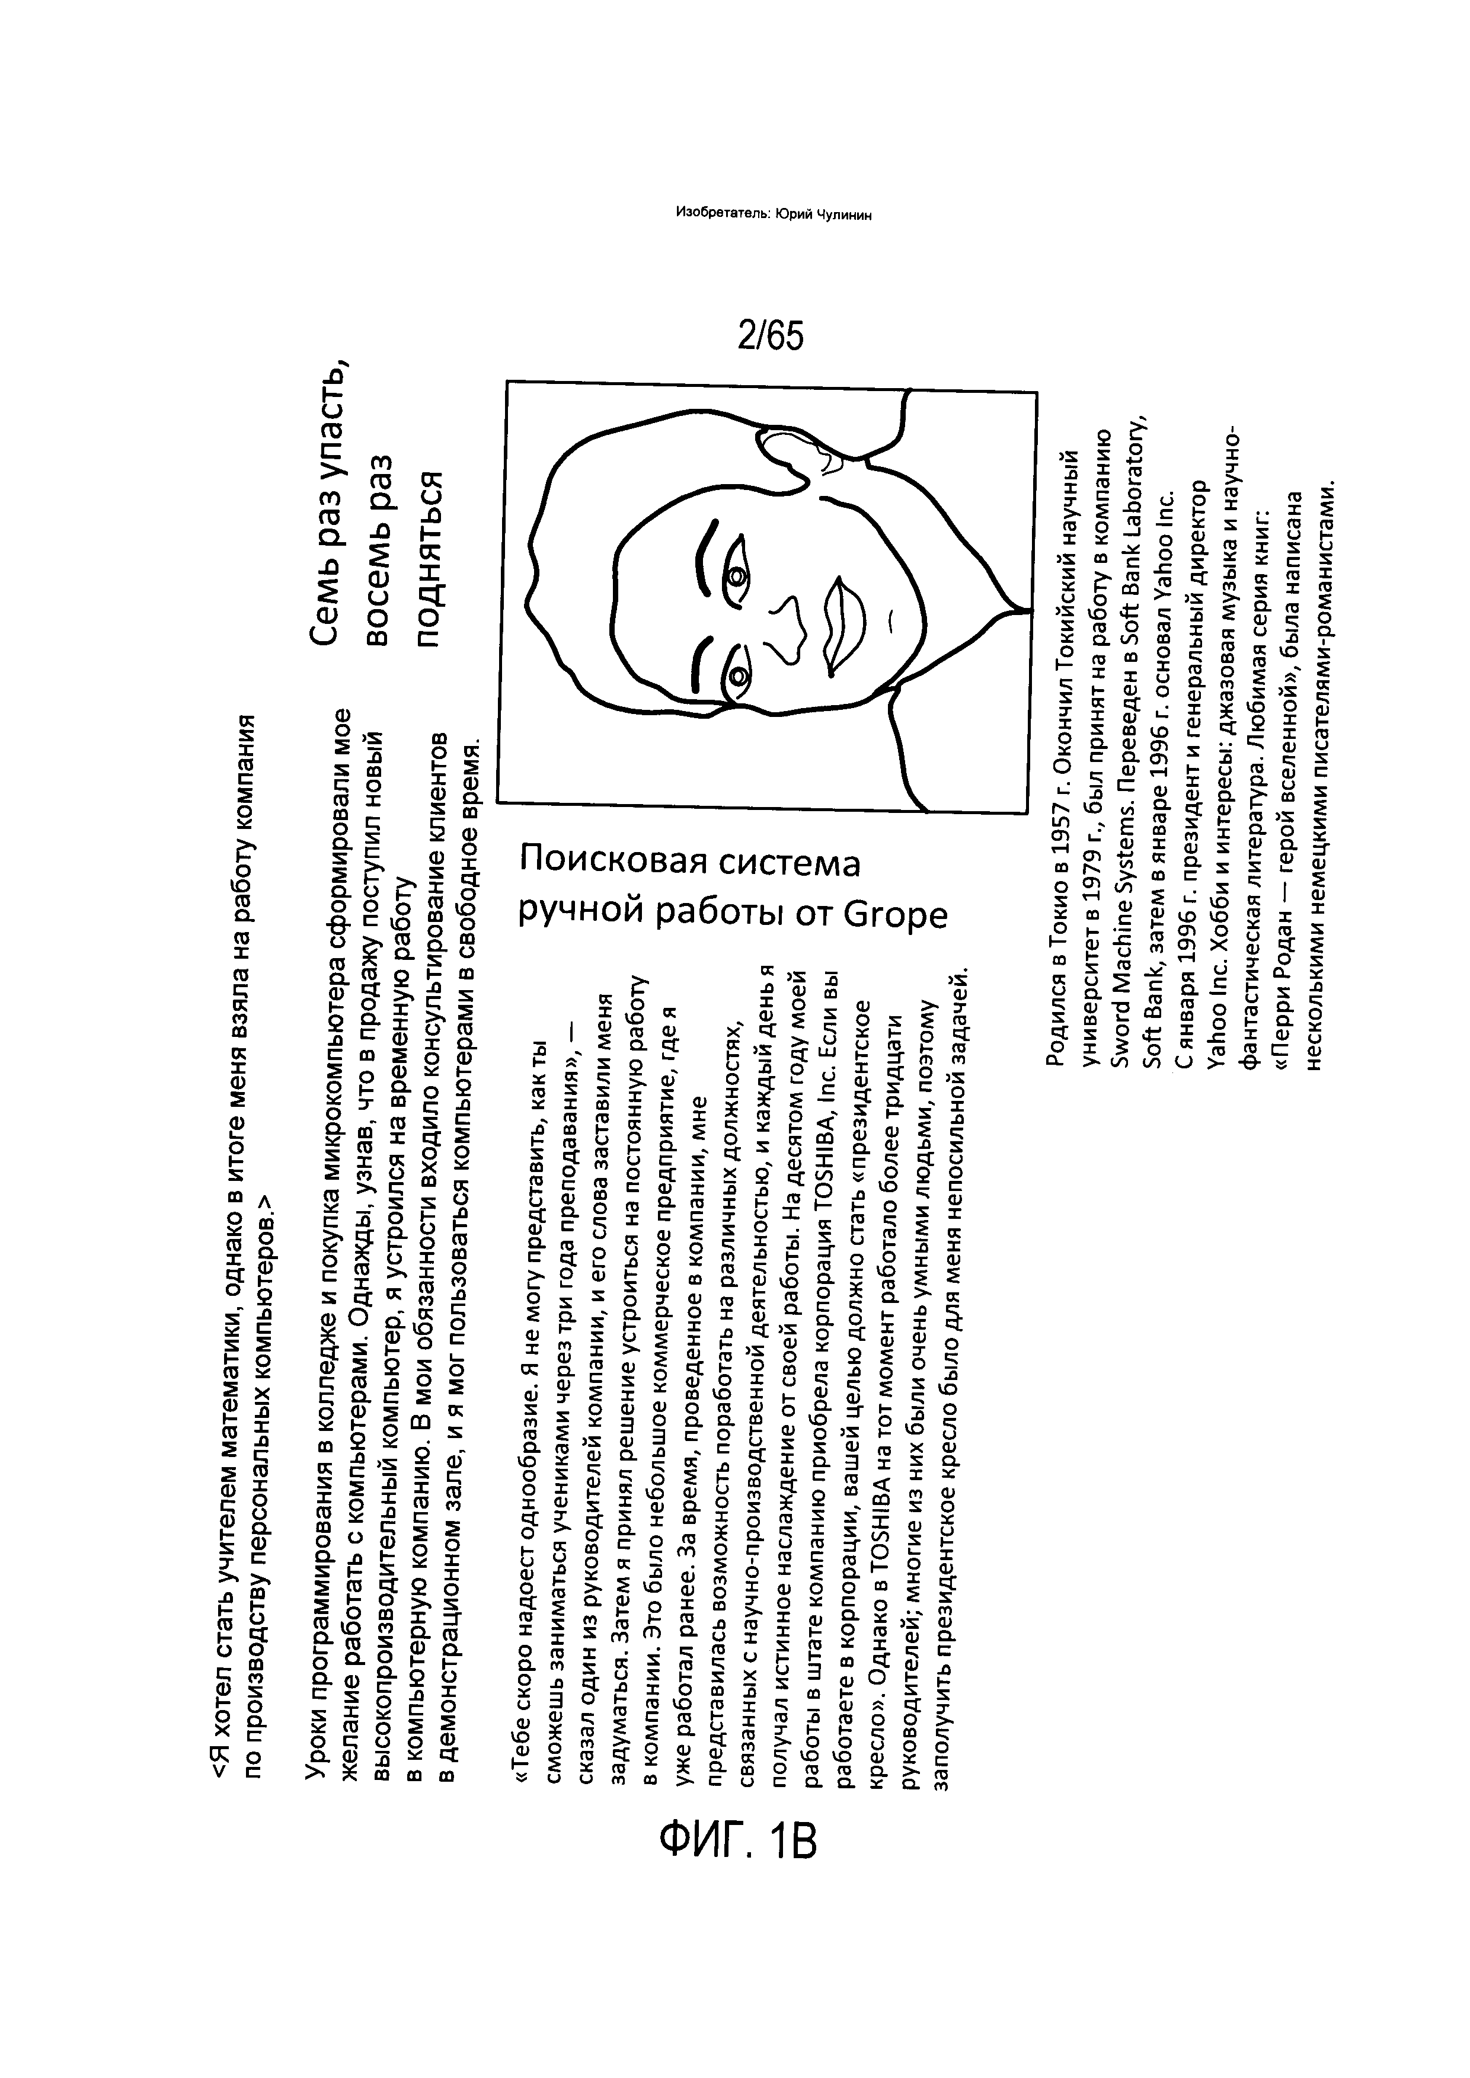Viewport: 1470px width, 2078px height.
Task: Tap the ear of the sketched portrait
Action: (797, 453)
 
